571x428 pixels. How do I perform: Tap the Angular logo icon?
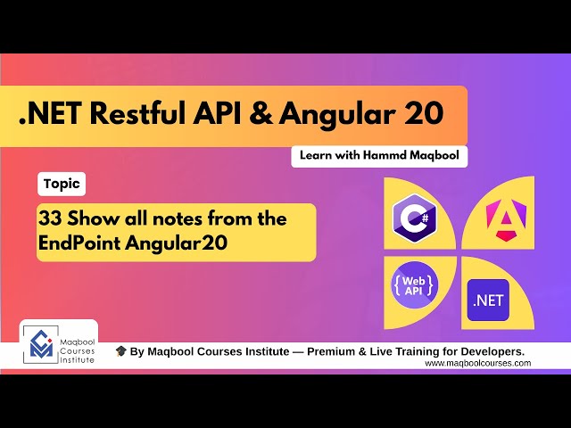[x=502, y=217]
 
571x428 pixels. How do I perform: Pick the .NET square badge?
[x=488, y=300]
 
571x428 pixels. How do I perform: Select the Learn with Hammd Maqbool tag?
[x=379, y=156]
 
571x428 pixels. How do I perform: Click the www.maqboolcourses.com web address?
[x=477, y=363]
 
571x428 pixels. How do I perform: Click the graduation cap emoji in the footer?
[x=120, y=352]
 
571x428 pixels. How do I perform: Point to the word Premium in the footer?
[x=333, y=352]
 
